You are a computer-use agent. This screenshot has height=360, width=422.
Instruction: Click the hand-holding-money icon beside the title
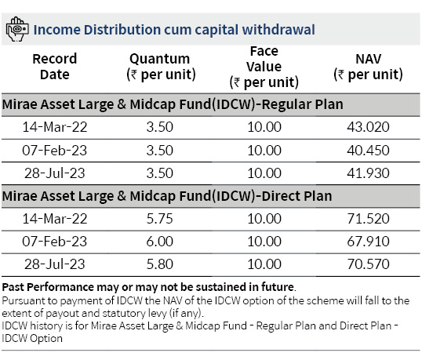[17, 29]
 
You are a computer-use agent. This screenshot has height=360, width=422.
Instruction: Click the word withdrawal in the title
[278, 30]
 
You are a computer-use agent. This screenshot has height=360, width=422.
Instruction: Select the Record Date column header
[55, 67]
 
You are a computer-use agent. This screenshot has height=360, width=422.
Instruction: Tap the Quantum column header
[161, 67]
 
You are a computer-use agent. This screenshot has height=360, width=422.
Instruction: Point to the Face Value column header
[264, 67]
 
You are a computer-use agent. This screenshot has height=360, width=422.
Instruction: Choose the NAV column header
[368, 67]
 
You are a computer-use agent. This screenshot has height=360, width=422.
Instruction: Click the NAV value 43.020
[368, 127]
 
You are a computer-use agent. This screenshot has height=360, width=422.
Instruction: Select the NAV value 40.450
[368, 150]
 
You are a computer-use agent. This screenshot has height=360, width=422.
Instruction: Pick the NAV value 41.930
[368, 173]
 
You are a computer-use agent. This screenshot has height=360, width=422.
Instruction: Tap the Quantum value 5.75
[159, 219]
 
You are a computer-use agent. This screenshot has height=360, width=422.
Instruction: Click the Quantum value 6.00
[159, 242]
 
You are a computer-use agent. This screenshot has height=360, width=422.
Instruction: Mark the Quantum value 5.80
[159, 264]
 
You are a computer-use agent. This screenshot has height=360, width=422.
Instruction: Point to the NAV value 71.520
[368, 219]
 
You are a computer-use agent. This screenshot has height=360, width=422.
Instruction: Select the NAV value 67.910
[368, 242]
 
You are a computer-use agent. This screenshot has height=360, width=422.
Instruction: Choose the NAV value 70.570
[368, 264]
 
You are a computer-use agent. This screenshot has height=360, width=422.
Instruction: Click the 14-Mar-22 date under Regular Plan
[55, 127]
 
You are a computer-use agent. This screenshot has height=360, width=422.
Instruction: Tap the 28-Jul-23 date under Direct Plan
[55, 264]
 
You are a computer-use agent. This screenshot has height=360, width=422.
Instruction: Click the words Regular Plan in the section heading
[303, 104]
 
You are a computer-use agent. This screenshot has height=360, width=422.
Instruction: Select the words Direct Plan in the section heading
[296, 196]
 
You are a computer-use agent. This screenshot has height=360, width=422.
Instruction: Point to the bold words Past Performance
[48, 287]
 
